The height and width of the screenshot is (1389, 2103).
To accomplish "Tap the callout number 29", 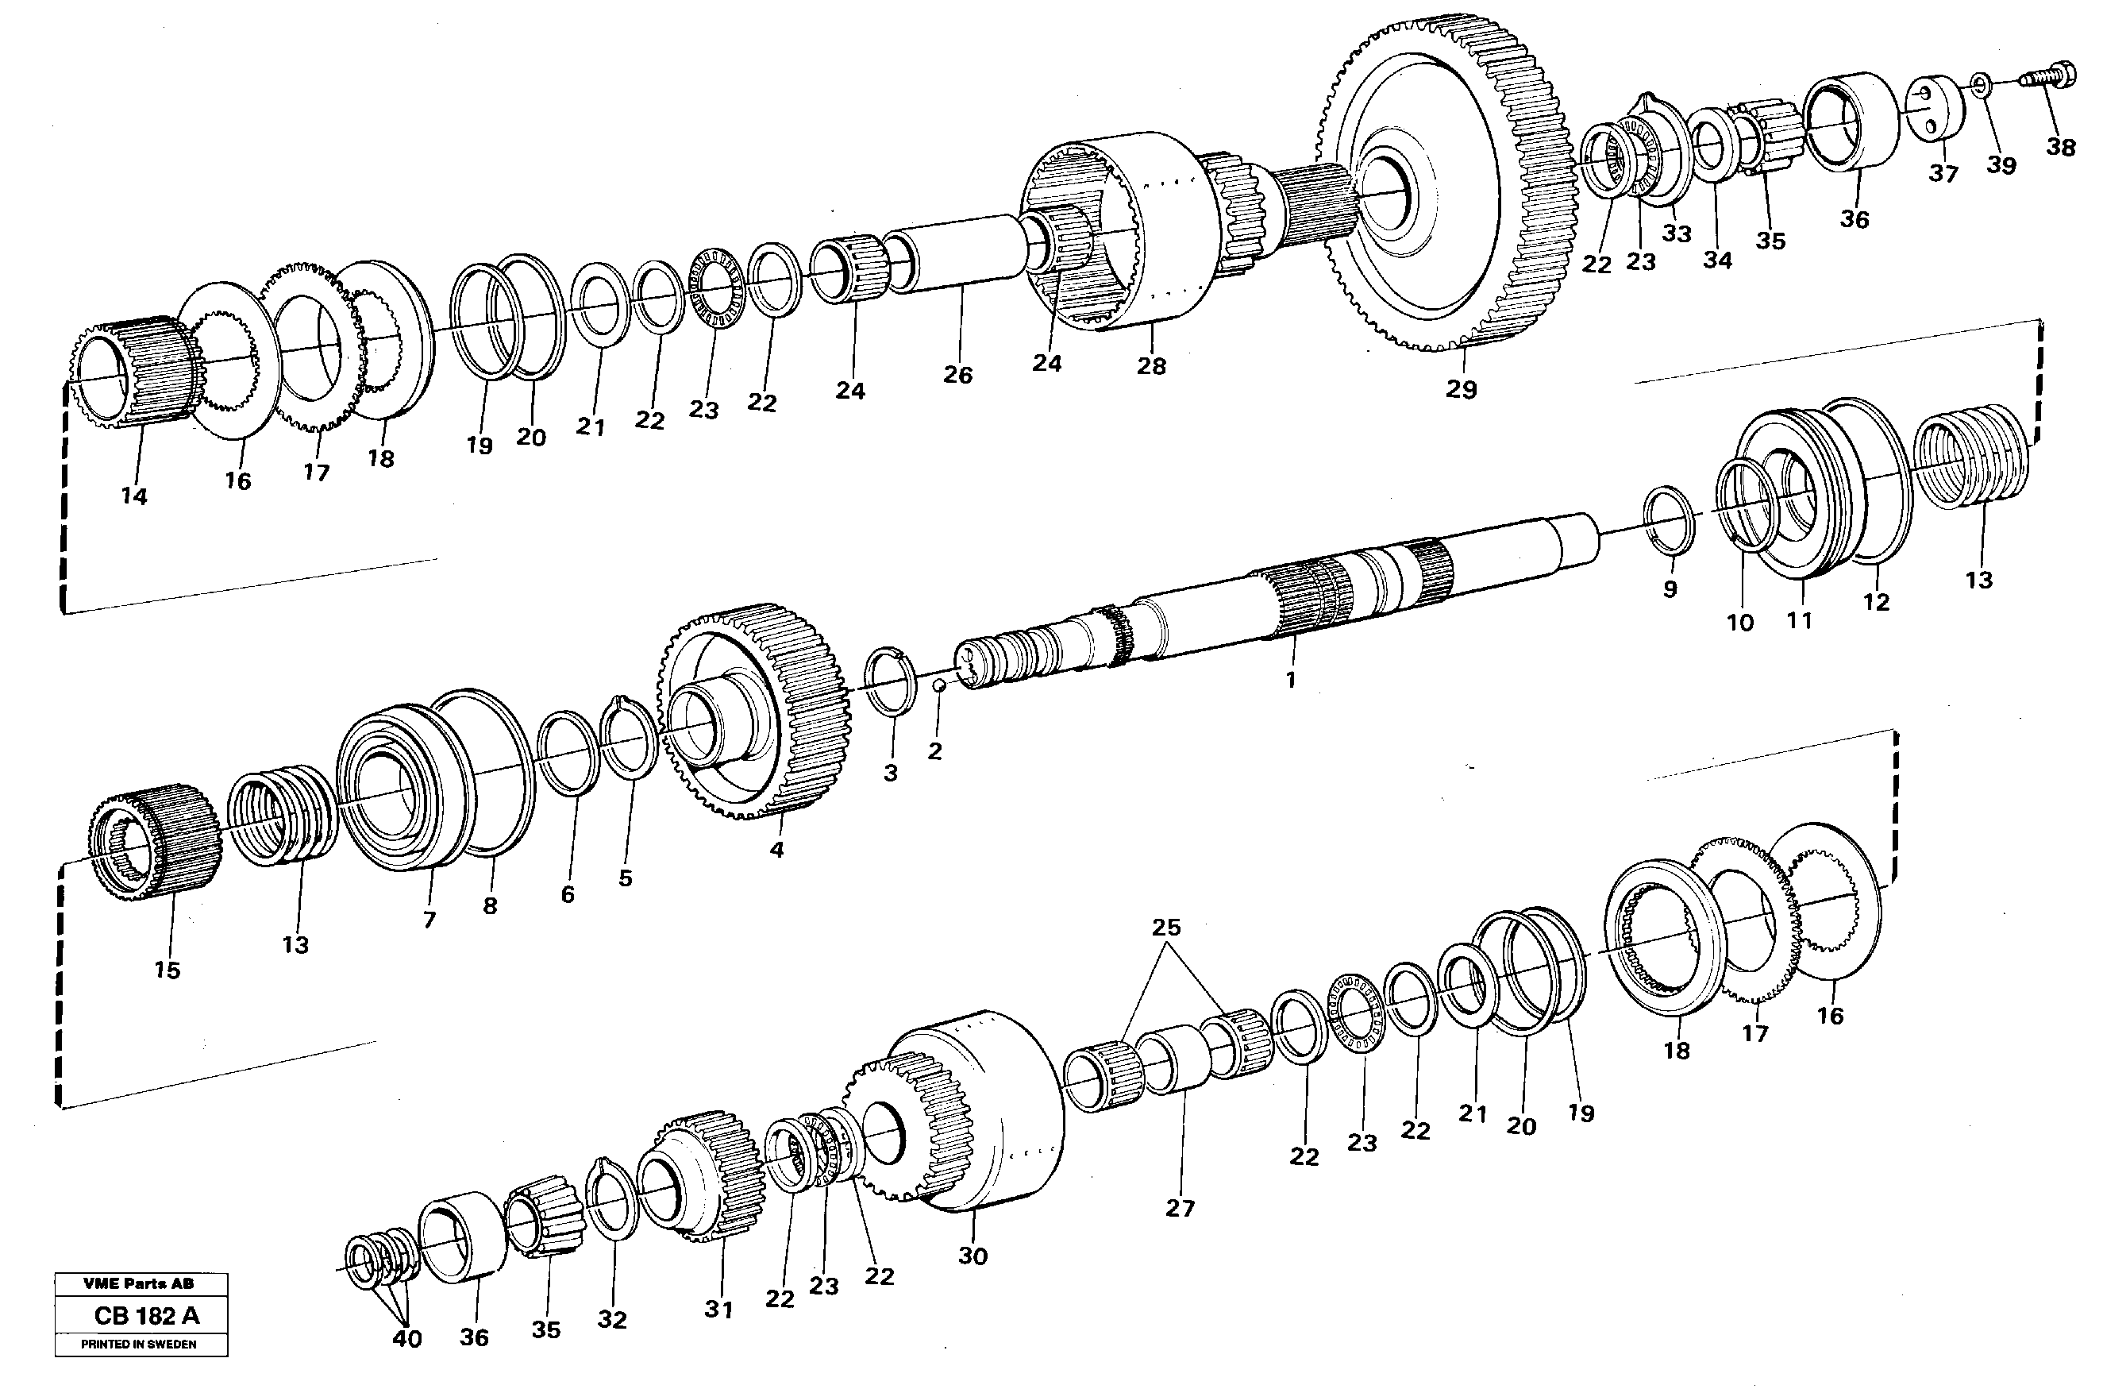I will [1461, 389].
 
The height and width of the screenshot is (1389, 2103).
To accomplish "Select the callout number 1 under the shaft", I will [1290, 680].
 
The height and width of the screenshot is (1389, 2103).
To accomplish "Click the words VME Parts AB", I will [139, 1283].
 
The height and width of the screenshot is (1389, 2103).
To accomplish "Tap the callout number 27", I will [1180, 1207].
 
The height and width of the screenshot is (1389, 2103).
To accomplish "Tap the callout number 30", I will [973, 1256].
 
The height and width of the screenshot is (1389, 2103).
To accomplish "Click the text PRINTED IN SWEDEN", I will [139, 1344].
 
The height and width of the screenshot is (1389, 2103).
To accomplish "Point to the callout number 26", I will [957, 375].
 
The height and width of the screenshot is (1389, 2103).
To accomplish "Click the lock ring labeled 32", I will [612, 1198].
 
